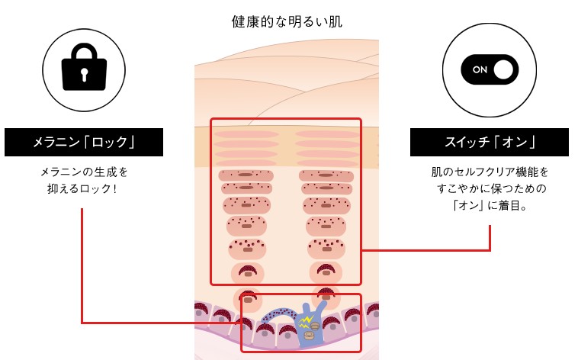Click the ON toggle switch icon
490,69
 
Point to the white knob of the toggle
503,69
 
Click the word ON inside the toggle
480,69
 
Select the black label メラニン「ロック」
84,142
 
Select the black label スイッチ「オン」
490,142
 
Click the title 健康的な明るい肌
287,21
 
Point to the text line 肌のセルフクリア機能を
490,172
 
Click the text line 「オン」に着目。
490,204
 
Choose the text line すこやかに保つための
490,188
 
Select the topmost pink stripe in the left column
246,134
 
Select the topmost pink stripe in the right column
326,134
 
